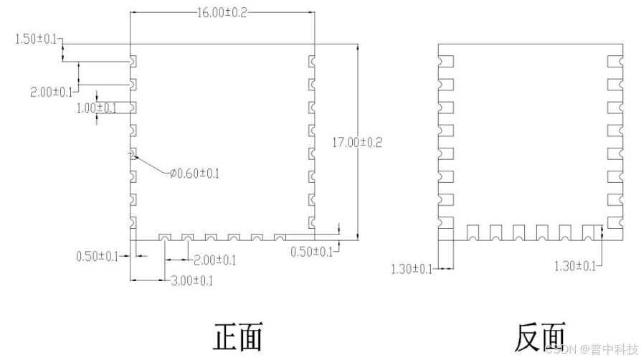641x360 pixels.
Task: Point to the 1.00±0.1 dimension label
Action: [x=96, y=108]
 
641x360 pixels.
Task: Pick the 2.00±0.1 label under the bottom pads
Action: [x=213, y=260]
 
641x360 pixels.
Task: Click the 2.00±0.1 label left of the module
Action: [x=52, y=93]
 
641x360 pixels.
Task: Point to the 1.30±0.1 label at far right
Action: [x=575, y=266]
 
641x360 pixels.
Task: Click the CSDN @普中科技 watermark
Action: [x=591, y=350]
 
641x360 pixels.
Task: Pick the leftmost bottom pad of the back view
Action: [x=473, y=232]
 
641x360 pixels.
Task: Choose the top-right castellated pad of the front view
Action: [x=311, y=62]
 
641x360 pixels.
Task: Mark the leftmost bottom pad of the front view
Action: [x=164, y=237]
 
